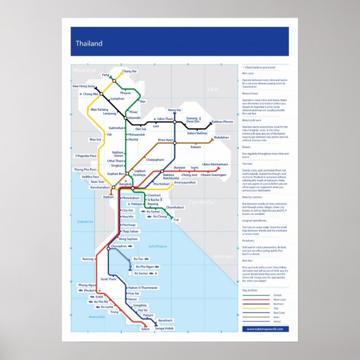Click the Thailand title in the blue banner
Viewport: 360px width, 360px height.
[89, 44]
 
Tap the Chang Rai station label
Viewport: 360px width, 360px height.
[129, 72]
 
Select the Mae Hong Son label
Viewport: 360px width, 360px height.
[84, 87]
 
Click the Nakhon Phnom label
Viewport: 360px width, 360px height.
[222, 122]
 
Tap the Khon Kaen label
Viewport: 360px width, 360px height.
[165, 139]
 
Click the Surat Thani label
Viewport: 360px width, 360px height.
[108, 278]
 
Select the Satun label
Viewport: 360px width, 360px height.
[145, 329]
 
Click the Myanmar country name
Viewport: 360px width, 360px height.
[85, 70]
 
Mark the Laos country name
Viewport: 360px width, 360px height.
[214, 89]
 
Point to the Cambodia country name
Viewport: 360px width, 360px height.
[200, 202]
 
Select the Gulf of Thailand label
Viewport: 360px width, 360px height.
[158, 247]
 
